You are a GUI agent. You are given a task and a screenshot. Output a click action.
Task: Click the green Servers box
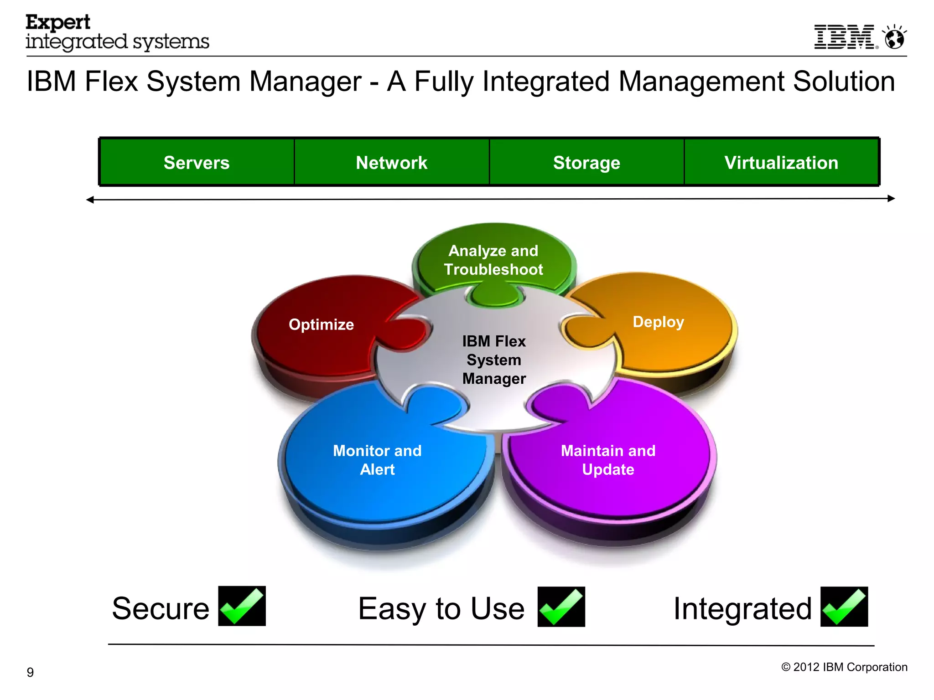tap(197, 163)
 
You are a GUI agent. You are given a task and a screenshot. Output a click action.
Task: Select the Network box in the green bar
tap(391, 163)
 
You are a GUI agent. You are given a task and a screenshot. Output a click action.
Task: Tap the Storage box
tap(586, 163)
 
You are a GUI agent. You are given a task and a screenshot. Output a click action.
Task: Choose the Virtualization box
tap(781, 163)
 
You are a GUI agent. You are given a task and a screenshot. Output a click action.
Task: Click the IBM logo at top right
tap(845, 37)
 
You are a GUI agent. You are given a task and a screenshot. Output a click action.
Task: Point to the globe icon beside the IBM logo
tap(894, 38)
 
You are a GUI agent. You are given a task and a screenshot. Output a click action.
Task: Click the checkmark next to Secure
tap(242, 606)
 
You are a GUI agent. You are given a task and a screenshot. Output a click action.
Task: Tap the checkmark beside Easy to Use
tap(561, 607)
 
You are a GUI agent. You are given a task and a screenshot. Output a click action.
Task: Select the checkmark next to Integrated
tap(844, 607)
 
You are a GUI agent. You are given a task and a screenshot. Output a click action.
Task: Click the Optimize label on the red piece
tap(321, 324)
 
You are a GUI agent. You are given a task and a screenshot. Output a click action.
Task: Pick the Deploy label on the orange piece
tap(658, 322)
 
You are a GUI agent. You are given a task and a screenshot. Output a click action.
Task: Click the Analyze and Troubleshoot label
tap(493, 260)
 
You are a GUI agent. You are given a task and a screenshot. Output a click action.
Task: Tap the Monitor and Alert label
tap(377, 460)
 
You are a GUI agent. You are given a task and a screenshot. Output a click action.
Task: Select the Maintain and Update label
tap(608, 460)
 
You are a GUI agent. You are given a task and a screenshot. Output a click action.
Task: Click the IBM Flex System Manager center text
tap(494, 360)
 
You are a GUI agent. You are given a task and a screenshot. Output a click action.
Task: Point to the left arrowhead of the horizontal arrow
tap(90, 200)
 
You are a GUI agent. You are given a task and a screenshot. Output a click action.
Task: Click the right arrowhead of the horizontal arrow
tap(892, 198)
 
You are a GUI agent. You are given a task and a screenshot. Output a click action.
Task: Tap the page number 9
tap(30, 672)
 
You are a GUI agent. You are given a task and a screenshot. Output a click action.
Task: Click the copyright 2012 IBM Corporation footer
tap(844, 667)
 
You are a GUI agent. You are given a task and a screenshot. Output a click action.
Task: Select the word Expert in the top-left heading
tap(58, 22)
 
